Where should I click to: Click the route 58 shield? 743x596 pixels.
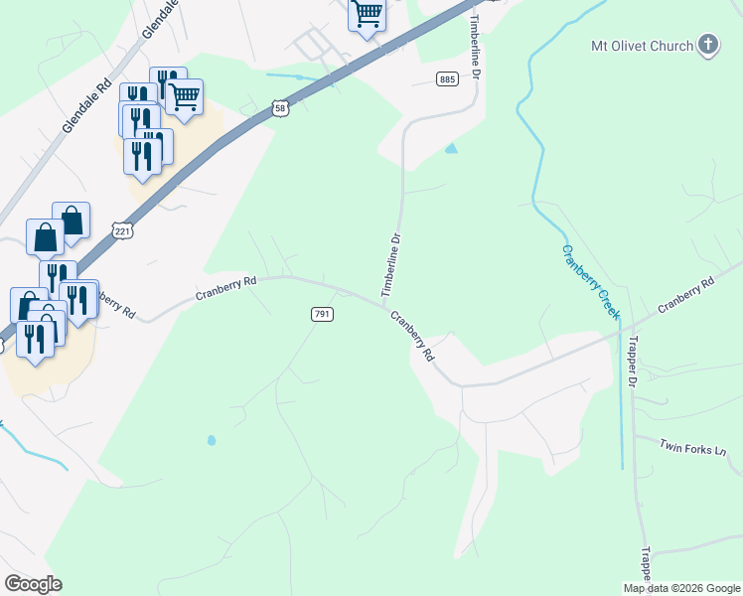coord(281,109)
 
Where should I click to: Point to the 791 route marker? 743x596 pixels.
coord(322,314)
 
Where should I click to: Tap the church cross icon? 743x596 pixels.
coord(707,44)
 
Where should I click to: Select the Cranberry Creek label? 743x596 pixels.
coord(590,281)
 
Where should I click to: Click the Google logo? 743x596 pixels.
coord(34,584)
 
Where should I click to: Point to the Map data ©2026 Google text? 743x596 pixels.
coord(681,588)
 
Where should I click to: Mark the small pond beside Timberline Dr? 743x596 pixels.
coord(452,149)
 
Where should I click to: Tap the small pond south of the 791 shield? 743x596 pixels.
coord(211,439)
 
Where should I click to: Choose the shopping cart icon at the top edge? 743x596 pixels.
coord(368,14)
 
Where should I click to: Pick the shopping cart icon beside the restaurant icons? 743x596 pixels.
coord(185,96)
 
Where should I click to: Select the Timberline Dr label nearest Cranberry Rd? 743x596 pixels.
coord(391,265)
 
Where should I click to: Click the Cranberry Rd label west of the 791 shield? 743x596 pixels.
coord(225,288)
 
